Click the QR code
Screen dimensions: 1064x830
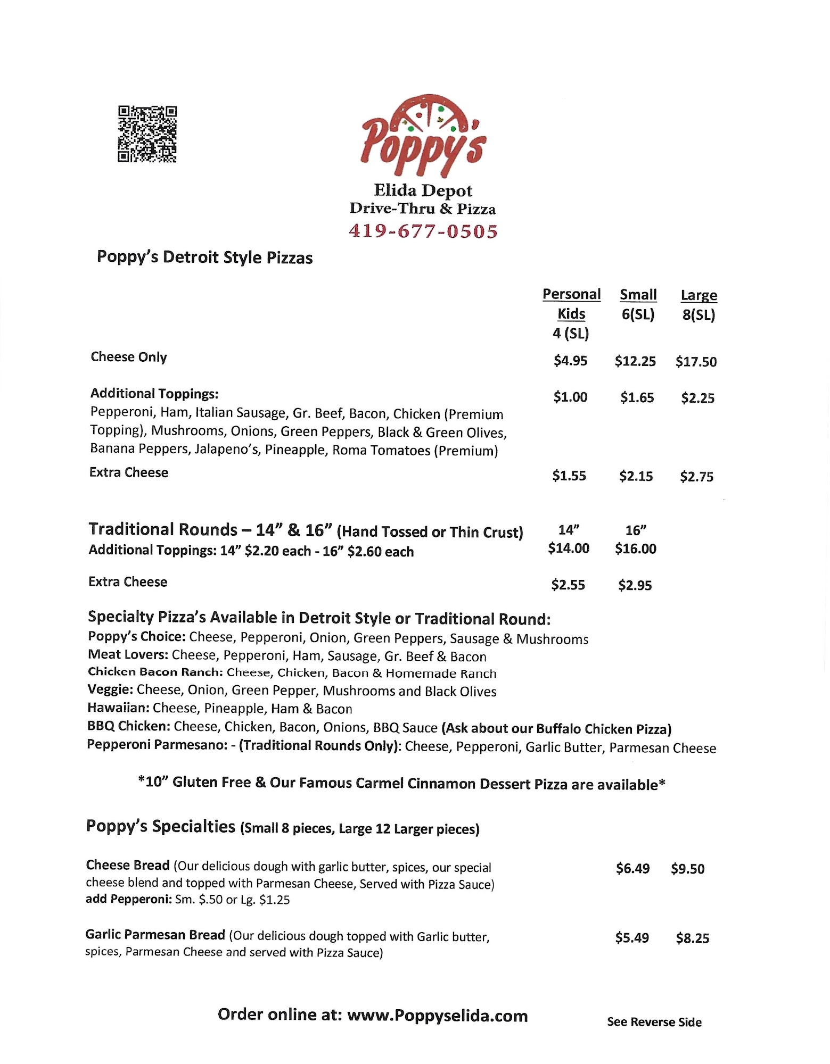(x=147, y=134)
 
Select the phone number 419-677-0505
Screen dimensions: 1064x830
(x=423, y=231)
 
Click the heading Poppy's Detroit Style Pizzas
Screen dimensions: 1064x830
(x=204, y=257)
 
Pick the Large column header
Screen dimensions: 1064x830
(x=698, y=295)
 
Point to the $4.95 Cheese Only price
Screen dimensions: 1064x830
(x=570, y=361)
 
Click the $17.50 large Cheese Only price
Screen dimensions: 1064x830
(x=696, y=362)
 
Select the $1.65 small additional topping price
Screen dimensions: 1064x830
(x=637, y=397)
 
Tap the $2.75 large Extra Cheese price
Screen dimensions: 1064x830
(x=696, y=477)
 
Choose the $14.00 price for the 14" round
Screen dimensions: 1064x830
(x=569, y=548)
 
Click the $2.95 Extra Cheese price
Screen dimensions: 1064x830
(x=635, y=585)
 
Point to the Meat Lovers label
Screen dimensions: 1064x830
(x=128, y=655)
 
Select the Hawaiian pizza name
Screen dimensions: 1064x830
(x=119, y=708)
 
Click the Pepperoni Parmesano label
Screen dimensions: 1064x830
(x=157, y=745)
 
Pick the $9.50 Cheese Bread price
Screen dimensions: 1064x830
(x=687, y=869)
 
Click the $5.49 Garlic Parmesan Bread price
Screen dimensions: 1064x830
(x=632, y=938)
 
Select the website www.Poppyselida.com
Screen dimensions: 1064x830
(x=437, y=1016)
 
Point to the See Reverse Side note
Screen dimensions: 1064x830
(x=654, y=1022)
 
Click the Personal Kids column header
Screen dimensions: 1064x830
(x=571, y=304)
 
